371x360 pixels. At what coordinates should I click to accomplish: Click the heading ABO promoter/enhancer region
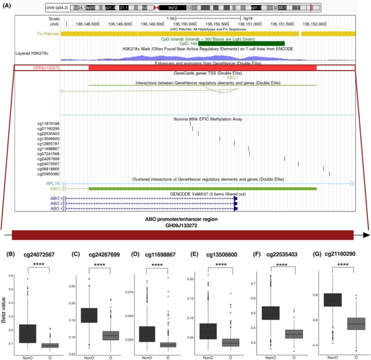coord(185,218)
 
